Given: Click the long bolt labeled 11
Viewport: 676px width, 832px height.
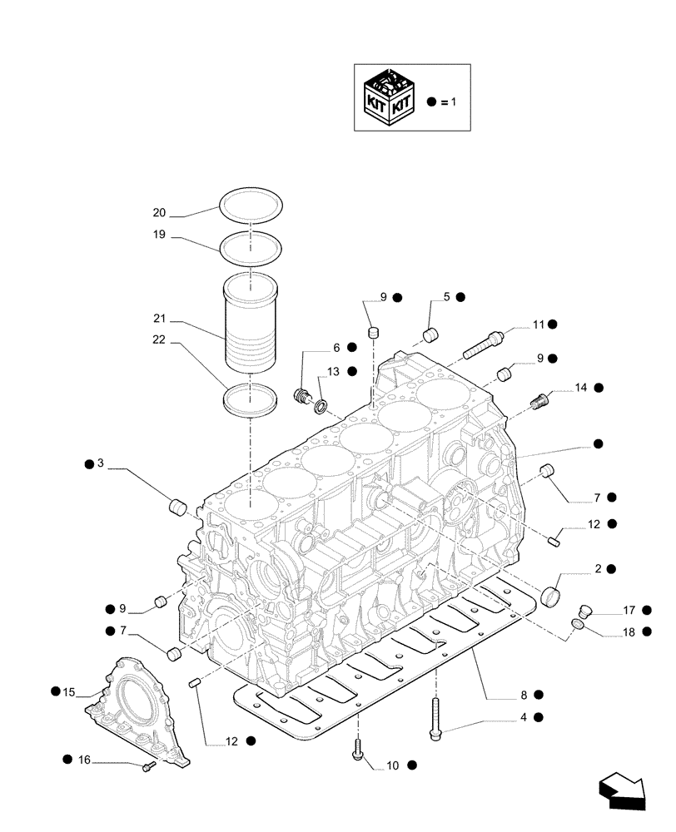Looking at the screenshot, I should [x=484, y=344].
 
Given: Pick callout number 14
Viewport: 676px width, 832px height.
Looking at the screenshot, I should [x=580, y=388].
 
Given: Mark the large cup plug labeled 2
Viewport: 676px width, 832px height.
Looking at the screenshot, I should [x=550, y=597].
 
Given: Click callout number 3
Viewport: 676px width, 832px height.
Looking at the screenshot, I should [x=100, y=463].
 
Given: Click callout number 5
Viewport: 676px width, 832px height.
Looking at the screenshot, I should [x=446, y=296].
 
